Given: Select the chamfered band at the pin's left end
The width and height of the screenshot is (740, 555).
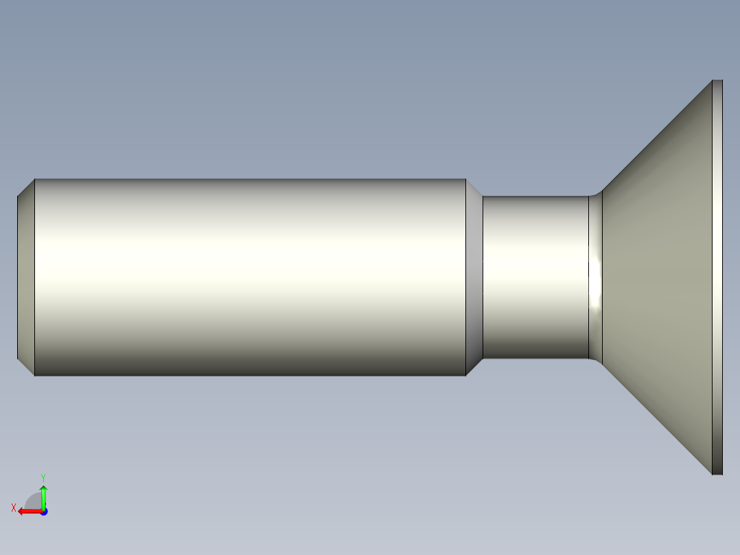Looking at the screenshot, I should click(x=26, y=277).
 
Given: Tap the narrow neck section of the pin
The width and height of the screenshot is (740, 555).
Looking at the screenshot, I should click(x=535, y=277).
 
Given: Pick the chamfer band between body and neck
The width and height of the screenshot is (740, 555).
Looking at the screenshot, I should click(x=474, y=277).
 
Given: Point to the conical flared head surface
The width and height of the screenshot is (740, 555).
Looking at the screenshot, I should click(x=659, y=277).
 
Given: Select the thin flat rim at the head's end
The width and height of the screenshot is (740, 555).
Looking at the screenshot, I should click(x=717, y=277).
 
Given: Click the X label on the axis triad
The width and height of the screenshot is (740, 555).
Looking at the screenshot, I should click(x=14, y=508).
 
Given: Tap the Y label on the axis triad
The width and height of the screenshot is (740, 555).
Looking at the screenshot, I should click(x=43, y=476).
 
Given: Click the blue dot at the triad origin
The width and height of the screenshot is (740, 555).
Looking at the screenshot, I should click(x=43, y=511).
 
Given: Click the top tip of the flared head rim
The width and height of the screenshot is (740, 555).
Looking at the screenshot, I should click(x=717, y=82).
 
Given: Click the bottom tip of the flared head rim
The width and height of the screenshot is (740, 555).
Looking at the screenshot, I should click(x=717, y=473).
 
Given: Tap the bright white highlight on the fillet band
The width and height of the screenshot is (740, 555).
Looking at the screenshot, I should click(x=596, y=271).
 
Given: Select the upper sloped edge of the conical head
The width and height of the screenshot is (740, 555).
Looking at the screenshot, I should click(x=656, y=137).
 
